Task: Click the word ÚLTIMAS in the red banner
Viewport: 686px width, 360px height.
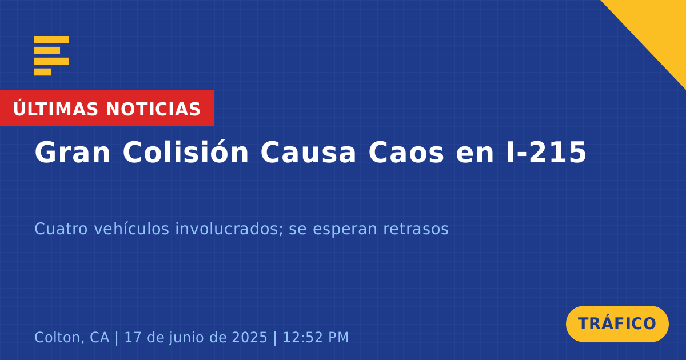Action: (x=55, y=108)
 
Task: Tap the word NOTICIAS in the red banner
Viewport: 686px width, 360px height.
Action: (x=153, y=109)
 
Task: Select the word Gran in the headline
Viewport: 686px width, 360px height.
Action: (x=72, y=153)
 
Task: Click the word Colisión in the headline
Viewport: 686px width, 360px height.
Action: (x=186, y=152)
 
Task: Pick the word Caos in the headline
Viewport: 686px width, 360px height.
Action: (x=406, y=153)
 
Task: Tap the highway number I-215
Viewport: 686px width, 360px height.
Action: (x=547, y=153)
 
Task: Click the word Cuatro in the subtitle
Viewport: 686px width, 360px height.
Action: (x=61, y=229)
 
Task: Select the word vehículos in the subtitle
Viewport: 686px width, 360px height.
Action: (x=131, y=229)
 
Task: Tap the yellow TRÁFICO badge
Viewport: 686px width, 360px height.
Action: (x=617, y=324)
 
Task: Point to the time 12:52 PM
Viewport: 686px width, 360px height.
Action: (x=316, y=338)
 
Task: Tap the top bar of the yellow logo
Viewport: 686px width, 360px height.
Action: (x=51, y=39)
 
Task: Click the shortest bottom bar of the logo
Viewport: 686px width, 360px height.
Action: (x=43, y=72)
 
